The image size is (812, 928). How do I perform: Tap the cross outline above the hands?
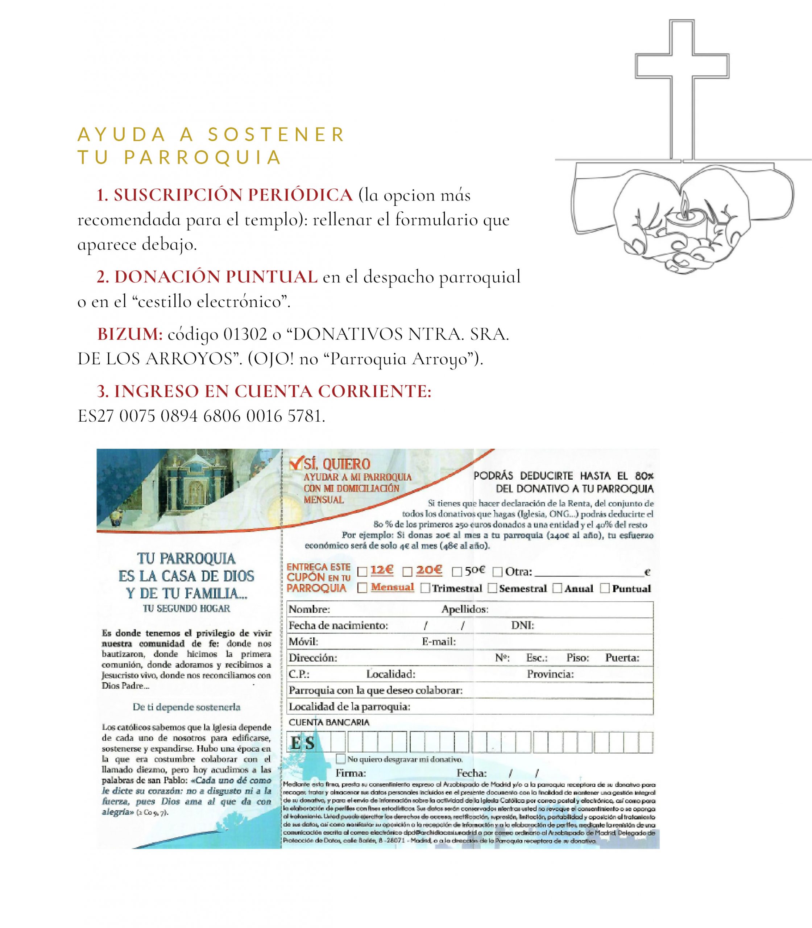coord(681,68)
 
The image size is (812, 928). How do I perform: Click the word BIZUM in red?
coord(130,334)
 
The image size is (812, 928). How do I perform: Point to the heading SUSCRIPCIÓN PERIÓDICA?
coord(233,195)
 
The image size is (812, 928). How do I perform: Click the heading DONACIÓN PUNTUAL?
coord(216,277)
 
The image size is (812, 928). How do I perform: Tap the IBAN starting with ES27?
coord(201,416)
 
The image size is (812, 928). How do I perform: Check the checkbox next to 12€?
coord(362,572)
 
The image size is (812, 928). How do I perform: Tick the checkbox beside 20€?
coord(407,572)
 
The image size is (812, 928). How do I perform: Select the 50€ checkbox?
coord(457,572)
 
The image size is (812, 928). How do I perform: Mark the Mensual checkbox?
coord(362,588)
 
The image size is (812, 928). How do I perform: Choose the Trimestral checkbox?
coord(425,588)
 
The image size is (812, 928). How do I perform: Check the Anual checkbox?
coord(558,588)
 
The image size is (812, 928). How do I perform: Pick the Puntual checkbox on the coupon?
coord(605,588)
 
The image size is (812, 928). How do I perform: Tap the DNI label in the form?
coord(522,626)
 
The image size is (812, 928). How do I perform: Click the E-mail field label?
coord(439,642)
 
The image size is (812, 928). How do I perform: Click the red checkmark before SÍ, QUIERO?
coord(296,464)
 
